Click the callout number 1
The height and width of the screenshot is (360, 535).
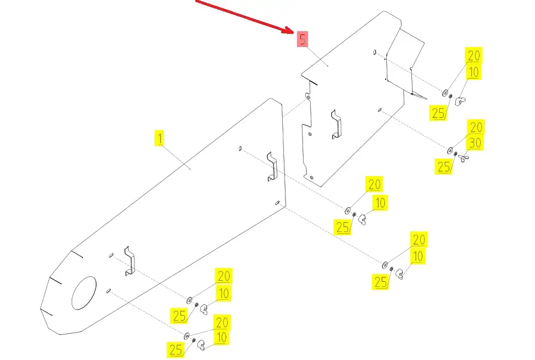pyautogui.click(x=159, y=138)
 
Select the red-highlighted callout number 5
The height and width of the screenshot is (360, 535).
pyautogui.click(x=303, y=39)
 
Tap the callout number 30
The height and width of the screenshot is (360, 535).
pyautogui.click(x=475, y=143)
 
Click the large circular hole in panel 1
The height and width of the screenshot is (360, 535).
pyautogui.click(x=84, y=293)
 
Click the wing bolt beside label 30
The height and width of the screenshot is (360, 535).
pyautogui.click(x=463, y=159)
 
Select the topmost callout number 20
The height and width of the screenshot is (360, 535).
pyautogui.click(x=473, y=55)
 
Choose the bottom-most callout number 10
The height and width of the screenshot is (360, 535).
pyautogui.click(x=221, y=338)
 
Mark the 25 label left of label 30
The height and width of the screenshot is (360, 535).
pyautogui.click(x=444, y=167)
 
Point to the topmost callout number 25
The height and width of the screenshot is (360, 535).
pyautogui.click(x=438, y=113)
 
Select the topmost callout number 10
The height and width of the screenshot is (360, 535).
pyautogui.click(x=474, y=72)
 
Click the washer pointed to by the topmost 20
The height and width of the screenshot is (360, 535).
pyautogui.click(x=445, y=94)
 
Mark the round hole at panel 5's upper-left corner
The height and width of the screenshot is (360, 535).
pyautogui.click(x=307, y=97)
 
